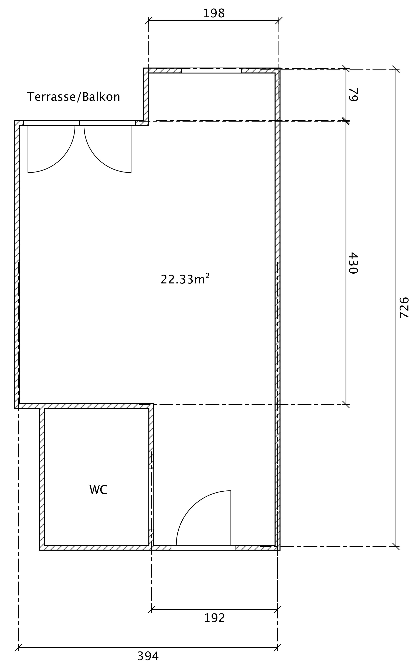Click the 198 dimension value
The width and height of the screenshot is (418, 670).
pyautogui.click(x=214, y=13)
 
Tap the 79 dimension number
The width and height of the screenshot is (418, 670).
pyautogui.click(x=353, y=95)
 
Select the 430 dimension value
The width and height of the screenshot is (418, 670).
pyautogui.click(x=353, y=263)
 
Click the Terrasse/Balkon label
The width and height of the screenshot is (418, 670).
pyautogui.click(x=74, y=97)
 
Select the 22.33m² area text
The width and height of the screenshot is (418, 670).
pyautogui.click(x=185, y=279)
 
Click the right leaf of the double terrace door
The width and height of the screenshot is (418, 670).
pyautogui.click(x=107, y=149)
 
